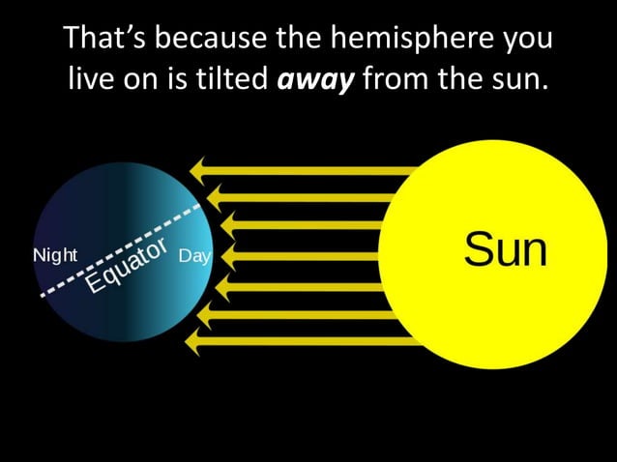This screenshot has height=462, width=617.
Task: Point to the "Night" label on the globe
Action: click(x=55, y=256)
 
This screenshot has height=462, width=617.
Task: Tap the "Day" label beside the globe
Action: click(x=194, y=258)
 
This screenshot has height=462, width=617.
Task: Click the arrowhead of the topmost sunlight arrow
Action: click(x=199, y=170)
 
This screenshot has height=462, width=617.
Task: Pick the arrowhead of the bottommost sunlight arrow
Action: click(x=194, y=341)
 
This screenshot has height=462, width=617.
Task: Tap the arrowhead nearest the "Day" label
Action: click(x=230, y=256)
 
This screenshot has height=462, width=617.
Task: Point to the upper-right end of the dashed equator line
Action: click(x=200, y=205)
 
